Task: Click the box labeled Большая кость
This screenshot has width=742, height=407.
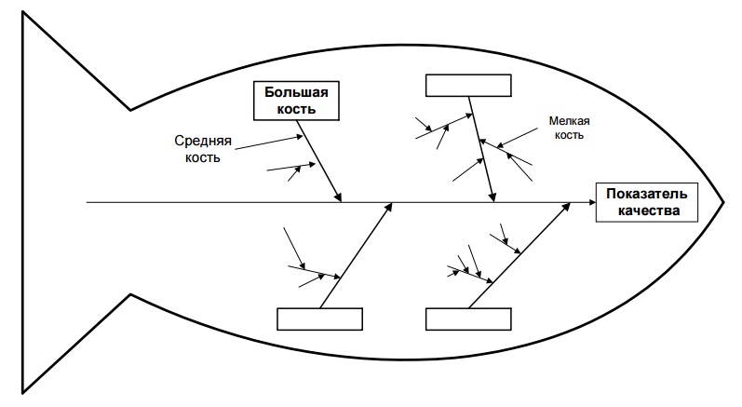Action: [x=296, y=101]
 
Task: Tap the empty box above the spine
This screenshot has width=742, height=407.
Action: [x=468, y=85]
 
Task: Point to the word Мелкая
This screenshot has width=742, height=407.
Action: [x=570, y=120]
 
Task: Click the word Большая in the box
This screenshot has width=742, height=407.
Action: [x=296, y=92]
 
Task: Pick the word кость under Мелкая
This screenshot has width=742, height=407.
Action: [x=570, y=135]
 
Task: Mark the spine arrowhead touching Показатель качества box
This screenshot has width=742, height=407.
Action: [x=591, y=201]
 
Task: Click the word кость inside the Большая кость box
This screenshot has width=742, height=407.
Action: [x=296, y=109]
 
